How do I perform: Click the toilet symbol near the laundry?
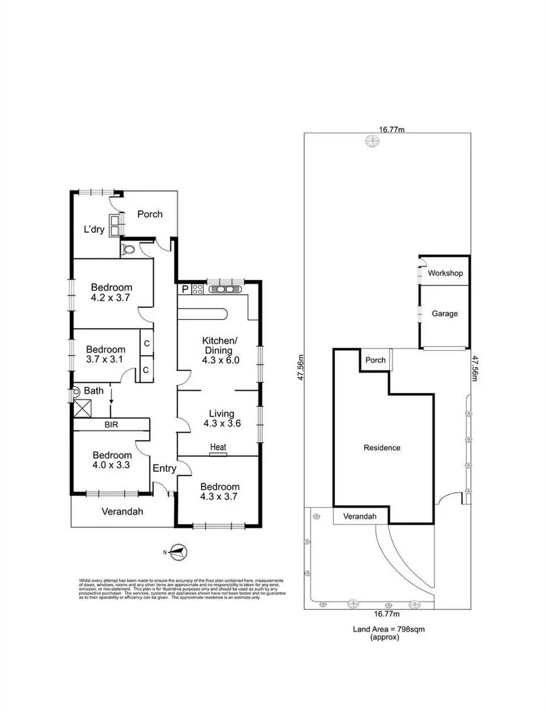point(129,249)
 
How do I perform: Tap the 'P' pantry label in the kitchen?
point(185,289)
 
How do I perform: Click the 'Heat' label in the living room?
point(218,447)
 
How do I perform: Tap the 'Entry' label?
point(164,469)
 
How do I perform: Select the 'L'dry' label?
point(95,229)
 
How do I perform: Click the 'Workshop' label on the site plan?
point(445,273)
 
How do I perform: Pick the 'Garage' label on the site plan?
point(444,314)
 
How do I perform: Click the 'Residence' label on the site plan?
point(382,448)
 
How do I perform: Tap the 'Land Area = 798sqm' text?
point(388,630)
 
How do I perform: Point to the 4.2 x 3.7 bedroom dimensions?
point(111,298)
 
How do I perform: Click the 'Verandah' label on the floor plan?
point(121,511)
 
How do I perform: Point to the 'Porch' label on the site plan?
point(375,360)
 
